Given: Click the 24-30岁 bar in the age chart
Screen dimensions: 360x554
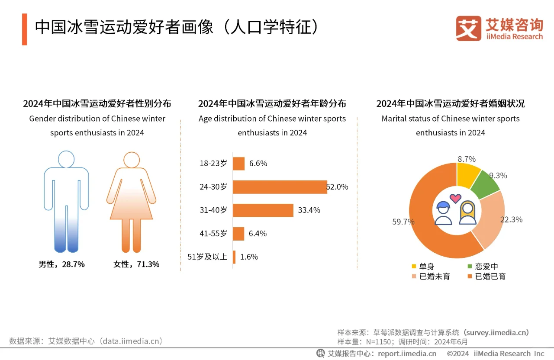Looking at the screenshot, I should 280,187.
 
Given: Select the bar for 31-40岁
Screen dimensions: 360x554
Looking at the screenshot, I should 263,210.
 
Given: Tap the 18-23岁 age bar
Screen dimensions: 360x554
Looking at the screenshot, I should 239,164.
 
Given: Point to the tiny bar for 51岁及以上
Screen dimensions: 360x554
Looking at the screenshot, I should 234,257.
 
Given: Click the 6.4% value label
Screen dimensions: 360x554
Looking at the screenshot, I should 258,234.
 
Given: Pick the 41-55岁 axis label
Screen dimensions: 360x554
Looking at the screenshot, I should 213,234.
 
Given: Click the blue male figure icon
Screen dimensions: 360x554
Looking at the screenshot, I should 66,201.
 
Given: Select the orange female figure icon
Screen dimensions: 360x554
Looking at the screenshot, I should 131,201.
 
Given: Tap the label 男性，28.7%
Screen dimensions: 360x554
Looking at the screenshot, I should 61,264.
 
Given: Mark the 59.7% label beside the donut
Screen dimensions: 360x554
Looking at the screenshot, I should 403,222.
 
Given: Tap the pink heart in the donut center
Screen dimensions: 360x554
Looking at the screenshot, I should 455,199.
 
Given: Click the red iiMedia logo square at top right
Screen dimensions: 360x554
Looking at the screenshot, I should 468,29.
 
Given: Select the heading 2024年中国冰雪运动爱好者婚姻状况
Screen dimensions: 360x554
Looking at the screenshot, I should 450,104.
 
